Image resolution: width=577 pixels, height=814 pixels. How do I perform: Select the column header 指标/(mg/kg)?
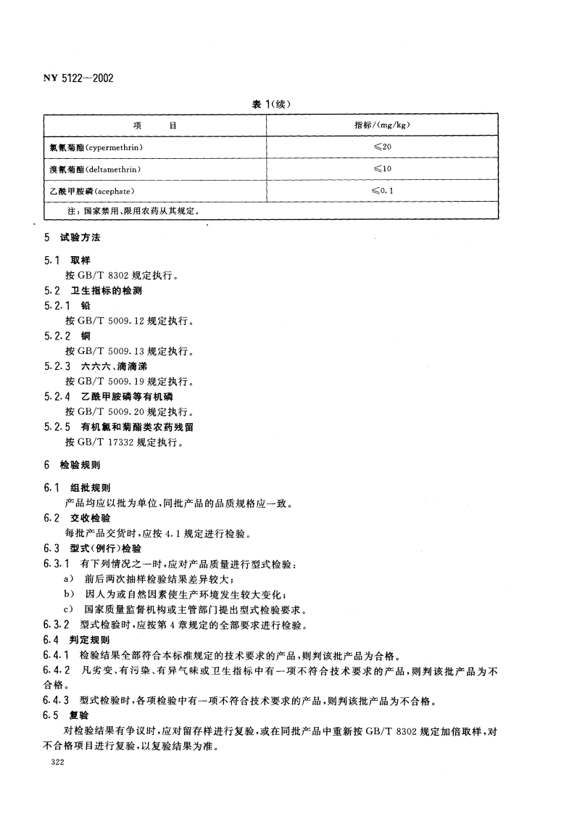click(383, 126)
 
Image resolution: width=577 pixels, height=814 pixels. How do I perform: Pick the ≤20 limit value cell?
click(383, 147)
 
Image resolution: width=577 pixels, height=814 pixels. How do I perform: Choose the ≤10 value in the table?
click(383, 169)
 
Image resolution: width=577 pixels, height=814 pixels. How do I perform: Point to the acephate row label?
click(90, 191)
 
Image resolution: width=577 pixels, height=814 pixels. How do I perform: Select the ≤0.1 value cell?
click(383, 191)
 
